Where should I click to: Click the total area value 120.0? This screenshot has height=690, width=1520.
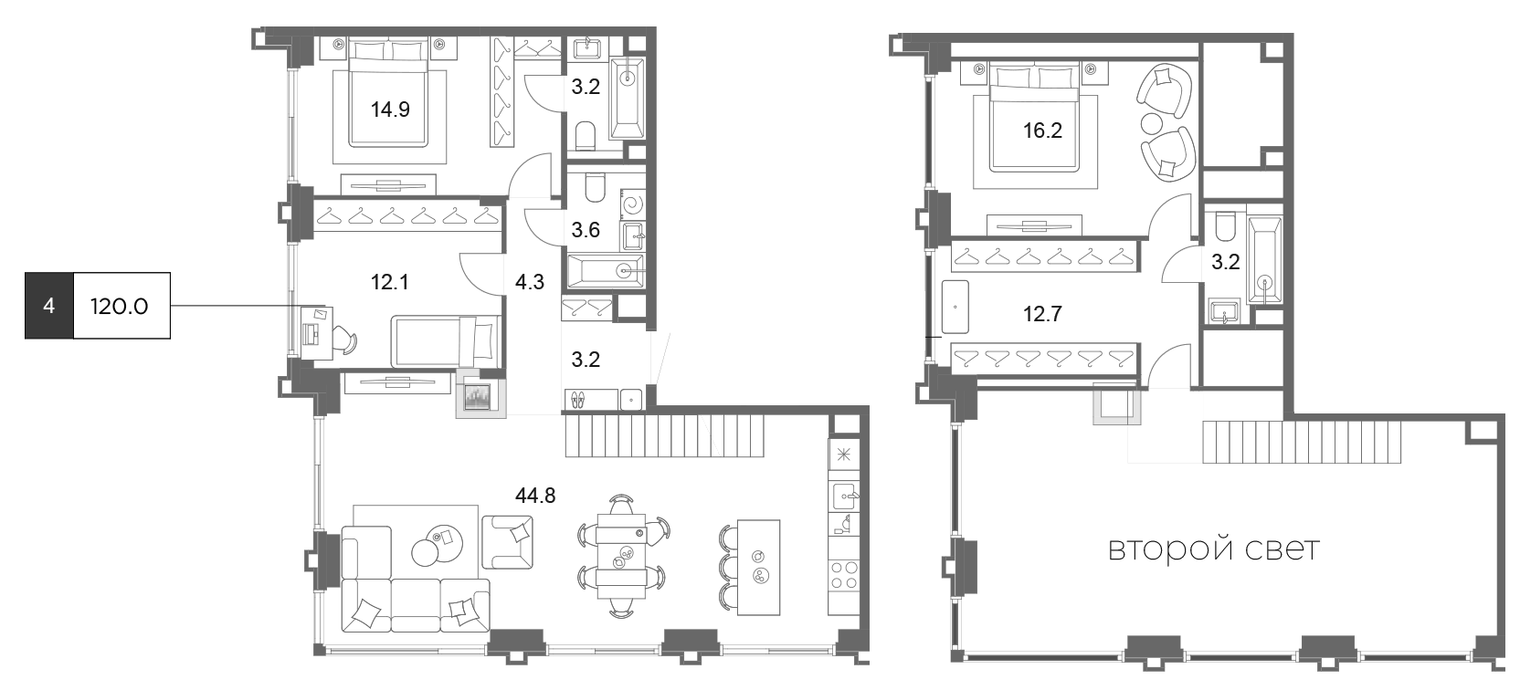click(x=120, y=307)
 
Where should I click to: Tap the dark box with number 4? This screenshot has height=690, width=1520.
click(x=48, y=306)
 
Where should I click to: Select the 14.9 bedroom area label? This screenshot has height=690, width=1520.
click(x=390, y=110)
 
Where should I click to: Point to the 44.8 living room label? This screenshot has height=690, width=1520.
click(x=535, y=496)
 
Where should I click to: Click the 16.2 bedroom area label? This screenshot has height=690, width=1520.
click(x=1043, y=131)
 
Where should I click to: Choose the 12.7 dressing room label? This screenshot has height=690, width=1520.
click(x=1043, y=314)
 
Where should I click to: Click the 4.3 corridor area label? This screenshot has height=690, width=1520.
click(x=529, y=281)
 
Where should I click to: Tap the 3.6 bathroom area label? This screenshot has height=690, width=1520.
click(x=586, y=230)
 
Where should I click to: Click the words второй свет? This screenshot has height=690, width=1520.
click(x=1214, y=549)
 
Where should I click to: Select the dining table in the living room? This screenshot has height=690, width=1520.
click(x=621, y=557)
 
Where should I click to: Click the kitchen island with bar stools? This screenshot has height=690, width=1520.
click(x=758, y=568)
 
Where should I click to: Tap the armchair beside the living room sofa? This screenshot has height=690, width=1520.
click(x=508, y=542)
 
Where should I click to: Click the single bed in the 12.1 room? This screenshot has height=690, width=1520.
click(x=446, y=341)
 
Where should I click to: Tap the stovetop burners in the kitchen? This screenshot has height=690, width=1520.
click(x=844, y=575)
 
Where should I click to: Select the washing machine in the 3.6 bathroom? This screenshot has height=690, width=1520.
click(x=633, y=204)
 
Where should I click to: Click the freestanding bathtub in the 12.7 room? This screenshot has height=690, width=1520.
click(x=955, y=307)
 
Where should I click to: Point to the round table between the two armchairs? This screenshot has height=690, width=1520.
click(x=1152, y=124)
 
